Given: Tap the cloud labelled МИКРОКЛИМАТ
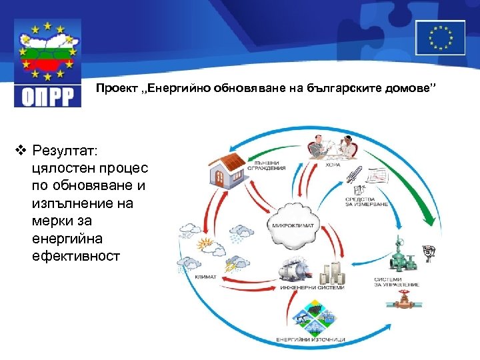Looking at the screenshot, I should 288,223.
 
